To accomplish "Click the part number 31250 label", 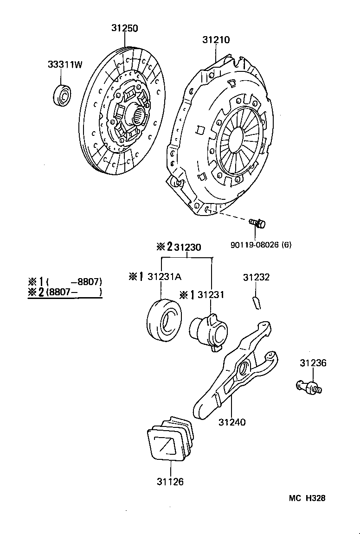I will pyautogui.click(x=124, y=28).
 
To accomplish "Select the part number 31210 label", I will pyautogui.click(x=216, y=40).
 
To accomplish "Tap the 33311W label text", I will pyautogui.click(x=64, y=65).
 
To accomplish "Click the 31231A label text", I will pyautogui.click(x=164, y=277).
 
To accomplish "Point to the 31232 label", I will pyautogui.click(x=256, y=277).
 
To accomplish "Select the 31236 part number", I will pyautogui.click(x=313, y=363).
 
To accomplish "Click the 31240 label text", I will pyautogui.click(x=232, y=422).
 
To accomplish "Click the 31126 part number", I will pyautogui.click(x=170, y=482).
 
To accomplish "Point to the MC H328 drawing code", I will pyautogui.click(x=307, y=498).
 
